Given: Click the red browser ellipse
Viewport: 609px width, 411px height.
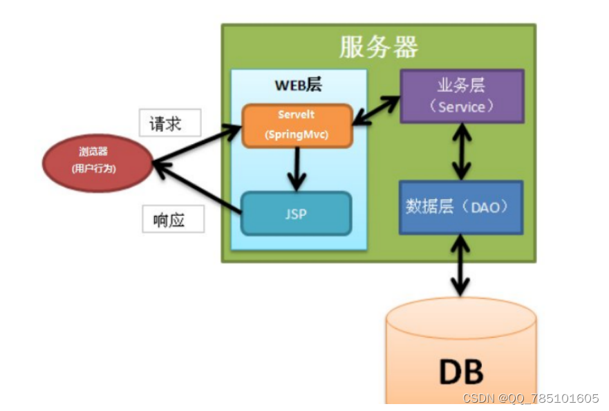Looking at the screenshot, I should coord(97,162).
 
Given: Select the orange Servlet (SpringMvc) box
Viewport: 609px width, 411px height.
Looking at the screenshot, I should coord(297,125).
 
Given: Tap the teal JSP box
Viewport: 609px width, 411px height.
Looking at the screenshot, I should coord(296,213).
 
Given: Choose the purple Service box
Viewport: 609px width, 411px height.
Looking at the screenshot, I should coord(462,96).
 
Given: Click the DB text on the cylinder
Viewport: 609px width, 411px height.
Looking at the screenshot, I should coord(461,371).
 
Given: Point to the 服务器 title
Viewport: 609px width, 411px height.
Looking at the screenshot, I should coord(378,47).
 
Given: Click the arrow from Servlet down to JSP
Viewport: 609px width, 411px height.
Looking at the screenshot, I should coord(297,169).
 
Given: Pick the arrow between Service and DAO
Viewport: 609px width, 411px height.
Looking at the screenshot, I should coord(462,152).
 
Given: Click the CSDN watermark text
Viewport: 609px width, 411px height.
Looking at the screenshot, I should coord(530,399).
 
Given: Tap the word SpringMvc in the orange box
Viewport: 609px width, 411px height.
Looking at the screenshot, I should coord(297,135).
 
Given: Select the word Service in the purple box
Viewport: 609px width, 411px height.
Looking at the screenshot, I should coord(462,107).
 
